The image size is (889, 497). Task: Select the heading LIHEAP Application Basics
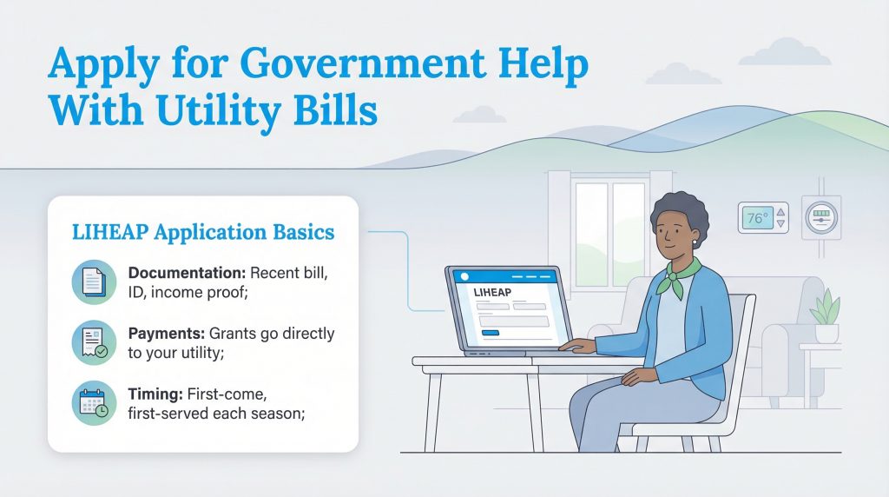point(201,234)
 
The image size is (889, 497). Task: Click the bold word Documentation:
point(184,274)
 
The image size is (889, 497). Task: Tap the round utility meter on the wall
point(820,218)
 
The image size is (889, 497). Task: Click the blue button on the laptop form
point(491,333)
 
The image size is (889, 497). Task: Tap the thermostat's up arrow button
point(780,211)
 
